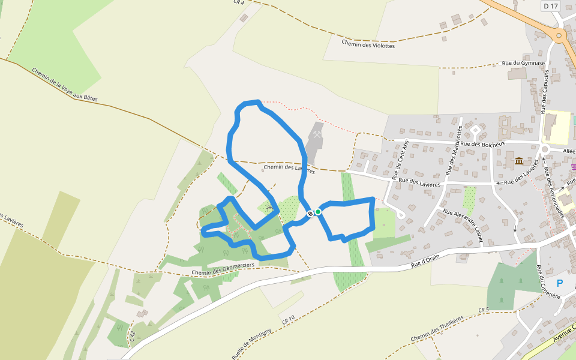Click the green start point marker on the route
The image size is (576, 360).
[x=318, y=211]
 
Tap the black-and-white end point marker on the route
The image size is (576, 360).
[x=310, y=214]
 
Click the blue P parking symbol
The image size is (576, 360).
[x=560, y=283]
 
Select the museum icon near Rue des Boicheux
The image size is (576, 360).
[x=518, y=161]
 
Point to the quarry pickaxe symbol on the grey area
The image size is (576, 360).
[x=317, y=136]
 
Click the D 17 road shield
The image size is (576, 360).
[x=550, y=6]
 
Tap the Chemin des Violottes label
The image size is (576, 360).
[x=368, y=43]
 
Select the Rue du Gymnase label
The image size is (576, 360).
[x=523, y=63]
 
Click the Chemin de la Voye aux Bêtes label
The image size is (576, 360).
[x=65, y=84]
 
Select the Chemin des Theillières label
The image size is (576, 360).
[x=437, y=329]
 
